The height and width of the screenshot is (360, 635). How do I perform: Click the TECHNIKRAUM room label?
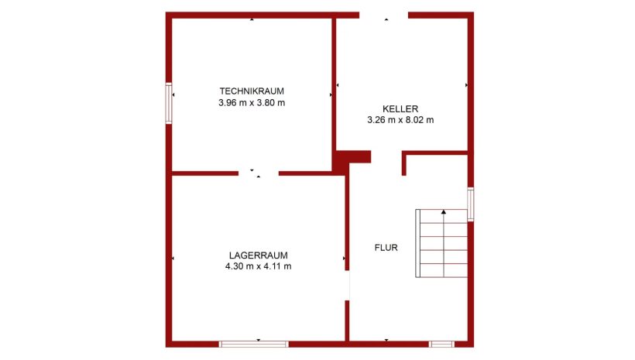pyautogui.click(x=252, y=91)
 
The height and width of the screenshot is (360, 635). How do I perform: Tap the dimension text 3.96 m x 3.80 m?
pyautogui.click(x=252, y=103)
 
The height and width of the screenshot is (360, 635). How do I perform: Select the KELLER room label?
pyautogui.click(x=400, y=109)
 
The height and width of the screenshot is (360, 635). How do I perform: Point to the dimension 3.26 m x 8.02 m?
pyautogui.click(x=400, y=120)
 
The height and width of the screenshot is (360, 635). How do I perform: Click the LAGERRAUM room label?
pyautogui.click(x=259, y=255)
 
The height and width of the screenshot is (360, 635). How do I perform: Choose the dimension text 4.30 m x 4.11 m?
pyautogui.click(x=259, y=266)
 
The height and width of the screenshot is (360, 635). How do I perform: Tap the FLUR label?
pyautogui.click(x=386, y=248)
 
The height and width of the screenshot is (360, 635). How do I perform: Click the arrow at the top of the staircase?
pyautogui.click(x=444, y=212)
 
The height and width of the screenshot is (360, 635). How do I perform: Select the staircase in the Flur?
pyautogui.click(x=441, y=243)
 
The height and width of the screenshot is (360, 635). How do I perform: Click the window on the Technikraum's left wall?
pyautogui.click(x=169, y=103)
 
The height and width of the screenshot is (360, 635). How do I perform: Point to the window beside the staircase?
pyautogui.click(x=471, y=204)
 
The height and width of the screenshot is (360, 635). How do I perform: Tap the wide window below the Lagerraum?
pyautogui.click(x=254, y=345)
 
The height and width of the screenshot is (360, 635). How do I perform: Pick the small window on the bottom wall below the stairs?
pyautogui.click(x=441, y=345)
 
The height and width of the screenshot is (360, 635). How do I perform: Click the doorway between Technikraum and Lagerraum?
pyautogui.click(x=259, y=173)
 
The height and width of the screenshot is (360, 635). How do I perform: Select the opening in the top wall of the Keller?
pyautogui.click(x=383, y=15)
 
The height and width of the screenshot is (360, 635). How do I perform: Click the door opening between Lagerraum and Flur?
pyautogui.click(x=347, y=286)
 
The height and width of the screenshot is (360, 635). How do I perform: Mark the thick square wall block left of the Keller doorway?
pyautogui.click(x=351, y=157)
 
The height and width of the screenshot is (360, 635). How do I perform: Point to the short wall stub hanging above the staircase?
pyautogui.click(x=403, y=163)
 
